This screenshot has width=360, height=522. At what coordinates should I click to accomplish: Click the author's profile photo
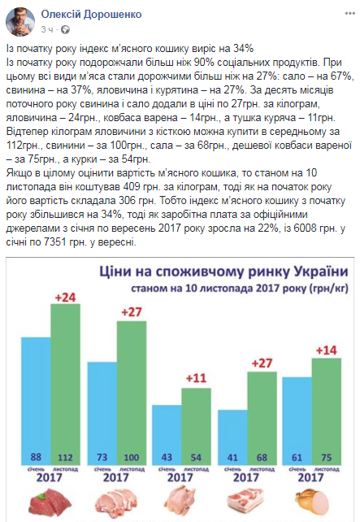20,22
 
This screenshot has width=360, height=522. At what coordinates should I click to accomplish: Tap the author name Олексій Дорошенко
92,15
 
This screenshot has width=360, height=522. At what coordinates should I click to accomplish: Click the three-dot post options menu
349,14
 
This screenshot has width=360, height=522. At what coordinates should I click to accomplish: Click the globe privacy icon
65,29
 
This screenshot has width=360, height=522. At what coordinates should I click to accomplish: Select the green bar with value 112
65,384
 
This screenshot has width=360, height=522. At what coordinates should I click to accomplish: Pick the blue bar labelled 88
36,401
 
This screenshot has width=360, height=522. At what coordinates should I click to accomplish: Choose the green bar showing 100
132,393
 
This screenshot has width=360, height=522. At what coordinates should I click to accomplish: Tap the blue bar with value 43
167,435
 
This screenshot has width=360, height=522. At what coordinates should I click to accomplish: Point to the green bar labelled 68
262,418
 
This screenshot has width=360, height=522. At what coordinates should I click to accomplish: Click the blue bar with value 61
297,421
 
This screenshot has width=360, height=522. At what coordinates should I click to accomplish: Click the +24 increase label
65,297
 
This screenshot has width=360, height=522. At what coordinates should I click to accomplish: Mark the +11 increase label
196,378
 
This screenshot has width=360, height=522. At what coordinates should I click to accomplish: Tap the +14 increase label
327,350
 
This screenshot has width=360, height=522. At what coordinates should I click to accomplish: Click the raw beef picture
50,502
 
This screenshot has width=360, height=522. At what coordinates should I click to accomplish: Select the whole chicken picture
180,502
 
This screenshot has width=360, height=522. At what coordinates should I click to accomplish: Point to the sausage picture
312,502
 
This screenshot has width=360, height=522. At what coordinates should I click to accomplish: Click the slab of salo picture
245,502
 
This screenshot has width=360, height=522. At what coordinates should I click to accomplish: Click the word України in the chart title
321,272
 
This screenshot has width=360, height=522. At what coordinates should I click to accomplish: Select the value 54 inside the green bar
196,458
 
